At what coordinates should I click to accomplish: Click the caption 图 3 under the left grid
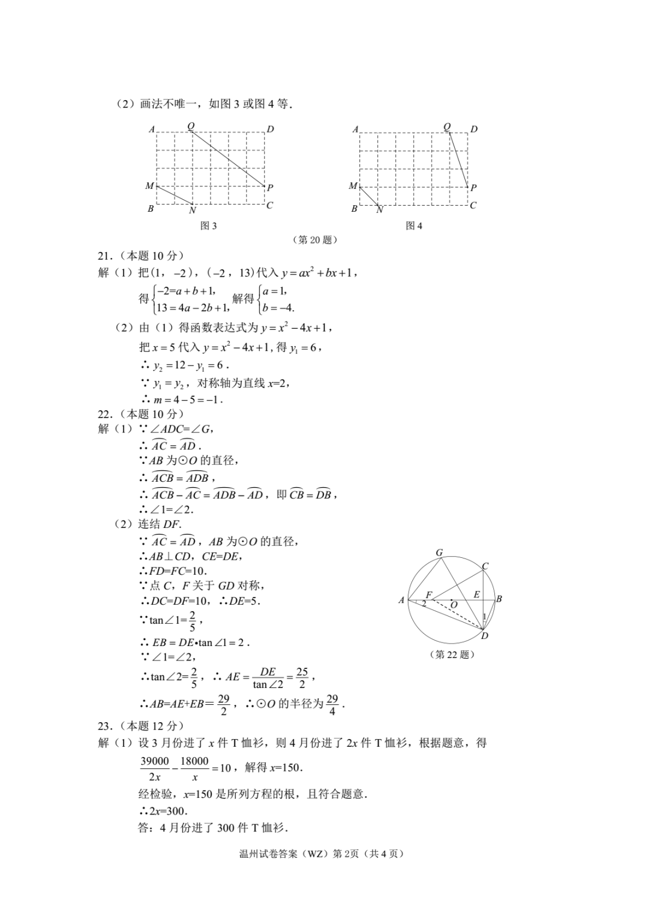(x=208, y=226)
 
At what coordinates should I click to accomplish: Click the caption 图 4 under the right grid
(x=414, y=226)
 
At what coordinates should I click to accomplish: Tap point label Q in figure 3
(x=191, y=126)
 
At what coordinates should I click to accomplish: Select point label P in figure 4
(x=473, y=188)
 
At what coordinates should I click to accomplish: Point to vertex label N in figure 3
(x=192, y=210)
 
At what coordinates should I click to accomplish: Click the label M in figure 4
(x=353, y=186)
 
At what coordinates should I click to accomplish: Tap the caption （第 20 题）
(x=314, y=240)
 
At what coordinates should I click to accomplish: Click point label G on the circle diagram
(x=439, y=553)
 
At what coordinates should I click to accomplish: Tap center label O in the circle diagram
(x=454, y=605)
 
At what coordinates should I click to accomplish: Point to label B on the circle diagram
(x=499, y=599)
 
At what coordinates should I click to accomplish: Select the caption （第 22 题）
(x=452, y=654)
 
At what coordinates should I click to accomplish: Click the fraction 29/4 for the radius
(x=332, y=705)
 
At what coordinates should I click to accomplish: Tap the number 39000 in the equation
(x=155, y=761)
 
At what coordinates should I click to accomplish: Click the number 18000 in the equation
(x=194, y=761)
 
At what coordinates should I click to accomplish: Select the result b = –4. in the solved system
(x=278, y=308)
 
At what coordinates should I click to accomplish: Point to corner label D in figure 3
(x=271, y=129)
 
